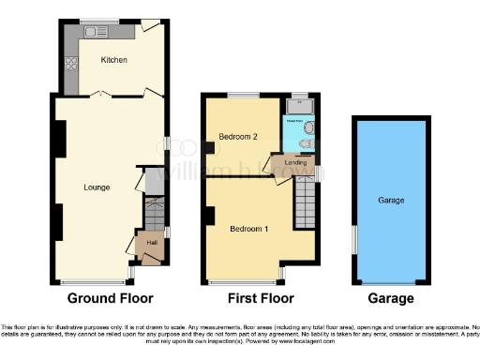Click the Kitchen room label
[113, 61]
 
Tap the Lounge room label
[97, 187]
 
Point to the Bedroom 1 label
[249, 229]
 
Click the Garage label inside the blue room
[391, 201]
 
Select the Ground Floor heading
[110, 299]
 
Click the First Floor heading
[261, 299]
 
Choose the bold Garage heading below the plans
[391, 299]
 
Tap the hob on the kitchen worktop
[69, 65]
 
